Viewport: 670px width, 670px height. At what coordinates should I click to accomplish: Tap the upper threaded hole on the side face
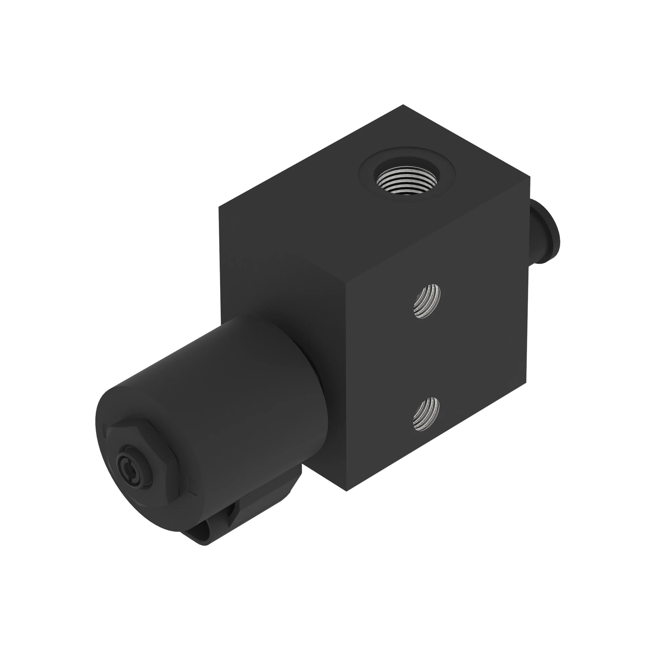click(x=427, y=301)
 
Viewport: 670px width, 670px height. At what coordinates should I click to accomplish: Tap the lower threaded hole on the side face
click(x=426, y=414)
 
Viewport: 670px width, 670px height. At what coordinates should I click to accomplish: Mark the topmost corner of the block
click(x=403, y=105)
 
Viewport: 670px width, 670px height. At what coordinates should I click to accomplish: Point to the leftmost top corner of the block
click(x=219, y=207)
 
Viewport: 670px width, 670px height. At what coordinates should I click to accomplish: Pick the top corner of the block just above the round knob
click(x=530, y=177)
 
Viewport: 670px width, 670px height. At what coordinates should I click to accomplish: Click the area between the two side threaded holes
click(x=426, y=357)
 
